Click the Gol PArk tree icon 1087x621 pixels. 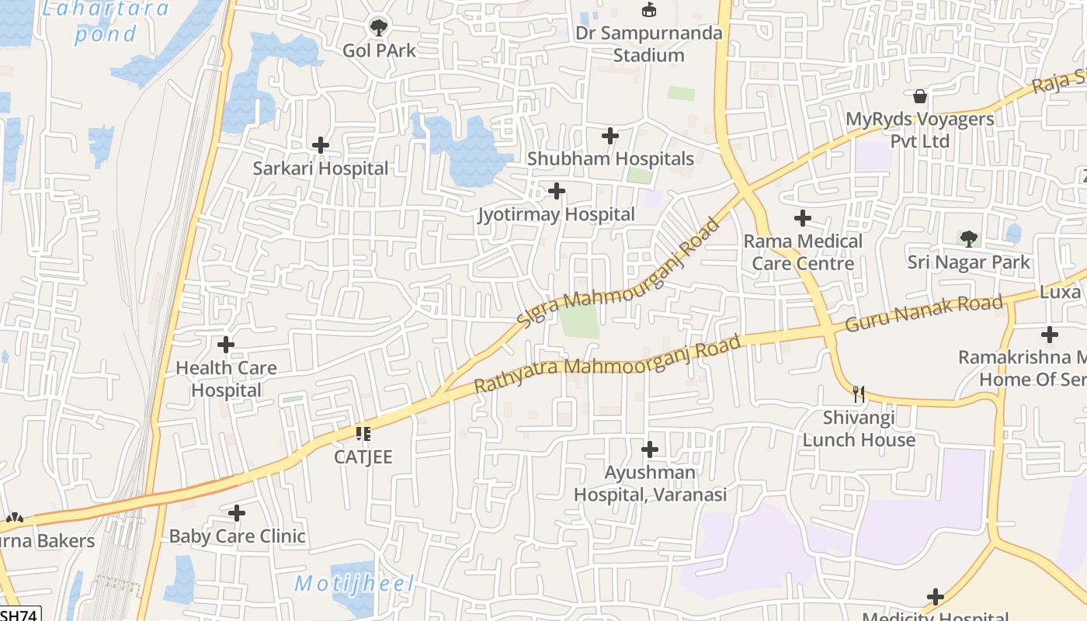tap(378, 28)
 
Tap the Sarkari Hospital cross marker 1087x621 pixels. tap(320, 145)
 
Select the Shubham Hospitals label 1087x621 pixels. tap(610, 158)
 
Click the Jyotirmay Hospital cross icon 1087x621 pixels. tap(557, 191)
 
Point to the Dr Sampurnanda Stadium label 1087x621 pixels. tap(648, 43)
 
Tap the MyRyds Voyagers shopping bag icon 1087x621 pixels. tap(920, 96)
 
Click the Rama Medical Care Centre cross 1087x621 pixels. tap(803, 218)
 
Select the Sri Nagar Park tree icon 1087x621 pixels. tap(968, 238)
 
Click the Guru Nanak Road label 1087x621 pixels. tap(924, 313)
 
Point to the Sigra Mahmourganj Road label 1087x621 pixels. tap(619, 273)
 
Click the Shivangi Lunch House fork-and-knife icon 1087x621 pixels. tap(859, 394)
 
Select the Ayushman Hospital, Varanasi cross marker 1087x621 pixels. tap(650, 449)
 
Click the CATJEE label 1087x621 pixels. tap(363, 456)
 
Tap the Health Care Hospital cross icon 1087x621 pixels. tap(226, 344)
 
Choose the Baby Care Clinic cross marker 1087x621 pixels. tap(237, 513)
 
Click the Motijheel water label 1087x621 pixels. tap(354, 584)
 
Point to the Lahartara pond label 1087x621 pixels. tap(106, 21)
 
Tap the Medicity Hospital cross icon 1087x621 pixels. tap(936, 597)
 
